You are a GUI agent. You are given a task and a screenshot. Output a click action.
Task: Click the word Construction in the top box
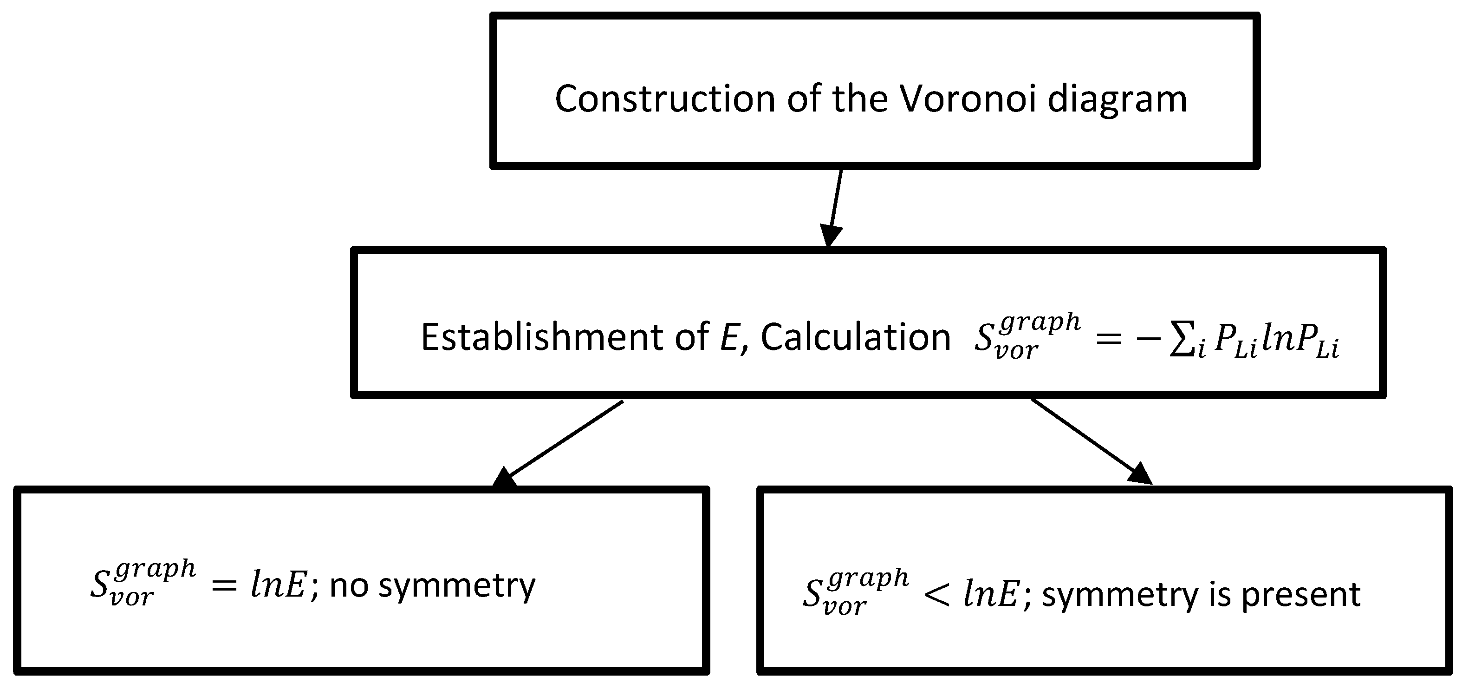pos(664,99)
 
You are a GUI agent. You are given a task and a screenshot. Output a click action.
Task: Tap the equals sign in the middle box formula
pos(1108,340)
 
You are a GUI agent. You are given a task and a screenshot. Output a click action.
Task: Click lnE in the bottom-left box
pos(279,585)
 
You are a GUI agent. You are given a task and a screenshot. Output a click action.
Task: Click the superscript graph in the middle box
pos(1040,322)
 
